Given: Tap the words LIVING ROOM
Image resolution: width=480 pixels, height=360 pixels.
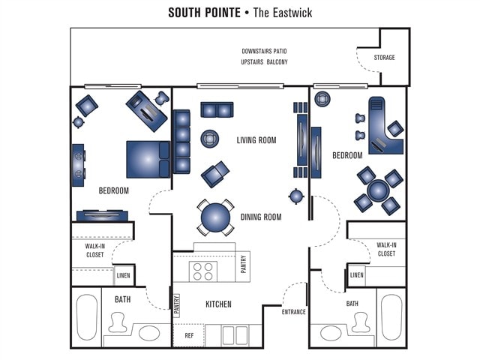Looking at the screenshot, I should tap(256, 140).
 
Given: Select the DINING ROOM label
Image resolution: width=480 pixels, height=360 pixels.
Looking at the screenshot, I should tap(261, 217).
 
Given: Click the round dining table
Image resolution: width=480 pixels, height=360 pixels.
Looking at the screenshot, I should tap(215, 217).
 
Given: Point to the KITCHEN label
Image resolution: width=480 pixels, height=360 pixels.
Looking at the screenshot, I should tap(218, 304).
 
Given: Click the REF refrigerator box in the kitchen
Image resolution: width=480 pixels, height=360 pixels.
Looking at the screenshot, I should tap(189, 335).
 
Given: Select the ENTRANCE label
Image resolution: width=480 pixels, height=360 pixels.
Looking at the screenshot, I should tap(293, 312).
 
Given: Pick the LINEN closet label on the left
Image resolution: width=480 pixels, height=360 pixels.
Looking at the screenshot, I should tap(123, 276).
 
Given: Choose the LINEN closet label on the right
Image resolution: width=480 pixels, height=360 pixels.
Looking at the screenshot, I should tap(357, 275).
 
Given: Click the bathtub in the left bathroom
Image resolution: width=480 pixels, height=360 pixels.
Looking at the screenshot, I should tap(88, 317).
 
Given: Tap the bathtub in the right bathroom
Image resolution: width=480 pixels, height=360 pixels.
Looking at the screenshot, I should tap(391, 317).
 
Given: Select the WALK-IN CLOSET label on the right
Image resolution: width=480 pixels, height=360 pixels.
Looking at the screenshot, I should tap(386, 249).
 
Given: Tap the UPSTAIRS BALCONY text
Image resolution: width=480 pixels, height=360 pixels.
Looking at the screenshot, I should tap(265, 61).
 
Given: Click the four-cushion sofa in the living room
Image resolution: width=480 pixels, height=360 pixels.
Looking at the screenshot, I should tap(181, 142).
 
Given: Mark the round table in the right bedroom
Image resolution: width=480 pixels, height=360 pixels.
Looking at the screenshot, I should tap(378, 190).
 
